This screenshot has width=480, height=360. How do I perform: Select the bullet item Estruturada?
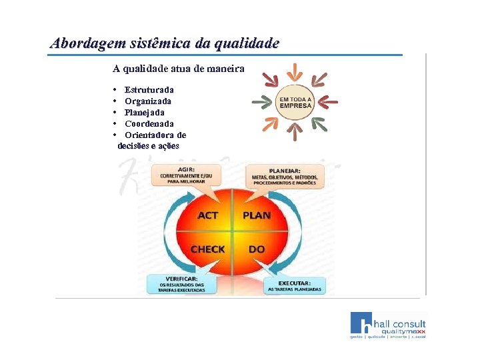[149, 89]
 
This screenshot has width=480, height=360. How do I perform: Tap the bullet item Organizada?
[148, 101]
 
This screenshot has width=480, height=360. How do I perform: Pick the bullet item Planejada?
[145, 113]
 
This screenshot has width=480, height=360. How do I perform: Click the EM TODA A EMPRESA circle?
[295, 103]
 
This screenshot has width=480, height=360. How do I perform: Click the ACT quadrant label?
[208, 215]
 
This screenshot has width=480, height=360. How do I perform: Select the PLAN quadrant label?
[257, 215]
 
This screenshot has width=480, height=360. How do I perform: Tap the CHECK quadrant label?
[208, 249]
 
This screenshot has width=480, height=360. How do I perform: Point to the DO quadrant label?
[257, 249]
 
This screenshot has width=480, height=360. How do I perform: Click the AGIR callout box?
[190, 175]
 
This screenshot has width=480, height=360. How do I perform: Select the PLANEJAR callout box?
[285, 176]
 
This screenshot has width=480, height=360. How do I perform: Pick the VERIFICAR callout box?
[181, 284]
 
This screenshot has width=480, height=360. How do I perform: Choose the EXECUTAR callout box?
[294, 285]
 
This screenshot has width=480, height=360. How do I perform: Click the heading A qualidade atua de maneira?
[179, 68]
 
